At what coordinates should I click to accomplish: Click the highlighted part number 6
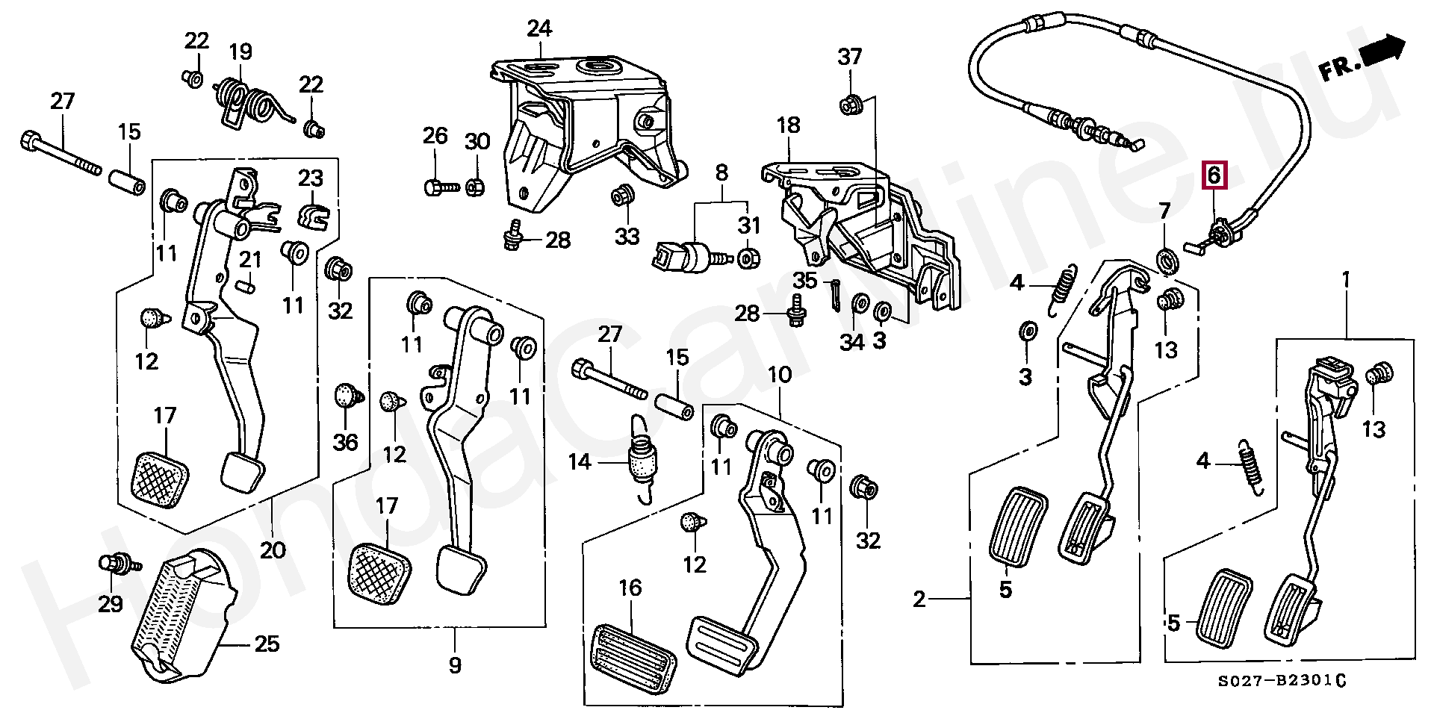1214,176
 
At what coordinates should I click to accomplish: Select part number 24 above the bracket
539,29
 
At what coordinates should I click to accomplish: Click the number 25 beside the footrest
267,644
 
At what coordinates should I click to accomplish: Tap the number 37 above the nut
850,57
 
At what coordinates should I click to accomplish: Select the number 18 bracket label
788,125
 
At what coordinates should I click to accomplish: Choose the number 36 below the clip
345,442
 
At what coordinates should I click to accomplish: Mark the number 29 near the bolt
111,603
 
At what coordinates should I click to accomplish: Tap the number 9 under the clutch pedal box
455,664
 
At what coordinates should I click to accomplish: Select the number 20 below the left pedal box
273,550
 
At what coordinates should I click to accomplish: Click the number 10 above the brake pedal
780,374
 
